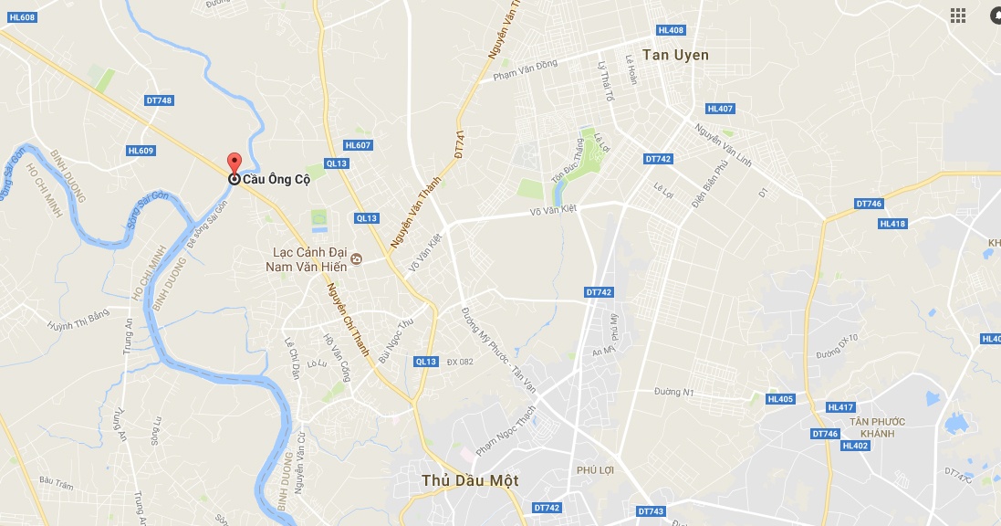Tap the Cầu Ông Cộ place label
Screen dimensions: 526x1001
pyautogui.click(x=276, y=179)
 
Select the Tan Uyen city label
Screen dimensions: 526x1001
pyautogui.click(x=675, y=55)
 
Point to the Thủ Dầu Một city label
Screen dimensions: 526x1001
pyautogui.click(x=470, y=480)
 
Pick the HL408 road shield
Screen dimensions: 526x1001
pyautogui.click(x=670, y=30)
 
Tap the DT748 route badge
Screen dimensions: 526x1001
pyautogui.click(x=158, y=100)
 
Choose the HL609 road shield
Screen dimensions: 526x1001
pyautogui.click(x=141, y=151)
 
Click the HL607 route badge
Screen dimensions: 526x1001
pyautogui.click(x=358, y=145)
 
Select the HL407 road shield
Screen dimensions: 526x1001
pyautogui.click(x=720, y=109)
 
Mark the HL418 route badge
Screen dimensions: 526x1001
pyautogui.click(x=892, y=224)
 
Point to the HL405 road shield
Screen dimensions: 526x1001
pyautogui.click(x=780, y=399)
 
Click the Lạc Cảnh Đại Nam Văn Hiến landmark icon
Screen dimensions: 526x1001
pyautogui.click(x=356, y=259)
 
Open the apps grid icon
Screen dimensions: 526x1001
pyautogui.click(x=958, y=15)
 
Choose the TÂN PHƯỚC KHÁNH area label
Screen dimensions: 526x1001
pyautogui.click(x=877, y=427)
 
